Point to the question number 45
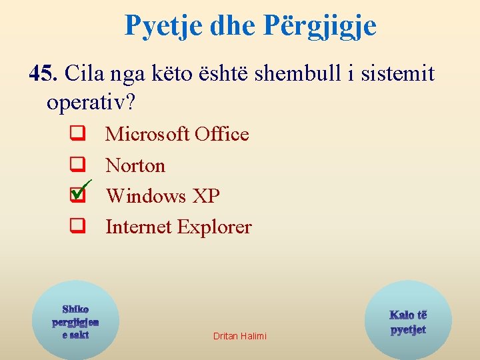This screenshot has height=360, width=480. pos(45,73)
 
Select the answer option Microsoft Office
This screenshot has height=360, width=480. pos(177,134)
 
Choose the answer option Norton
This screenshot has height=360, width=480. pos(135,165)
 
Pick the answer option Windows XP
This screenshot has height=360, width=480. pos(163,196)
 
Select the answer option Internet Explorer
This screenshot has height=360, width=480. pos(179,227)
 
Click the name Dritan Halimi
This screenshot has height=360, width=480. pos(239,336)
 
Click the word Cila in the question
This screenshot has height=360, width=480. pos(85,73)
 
